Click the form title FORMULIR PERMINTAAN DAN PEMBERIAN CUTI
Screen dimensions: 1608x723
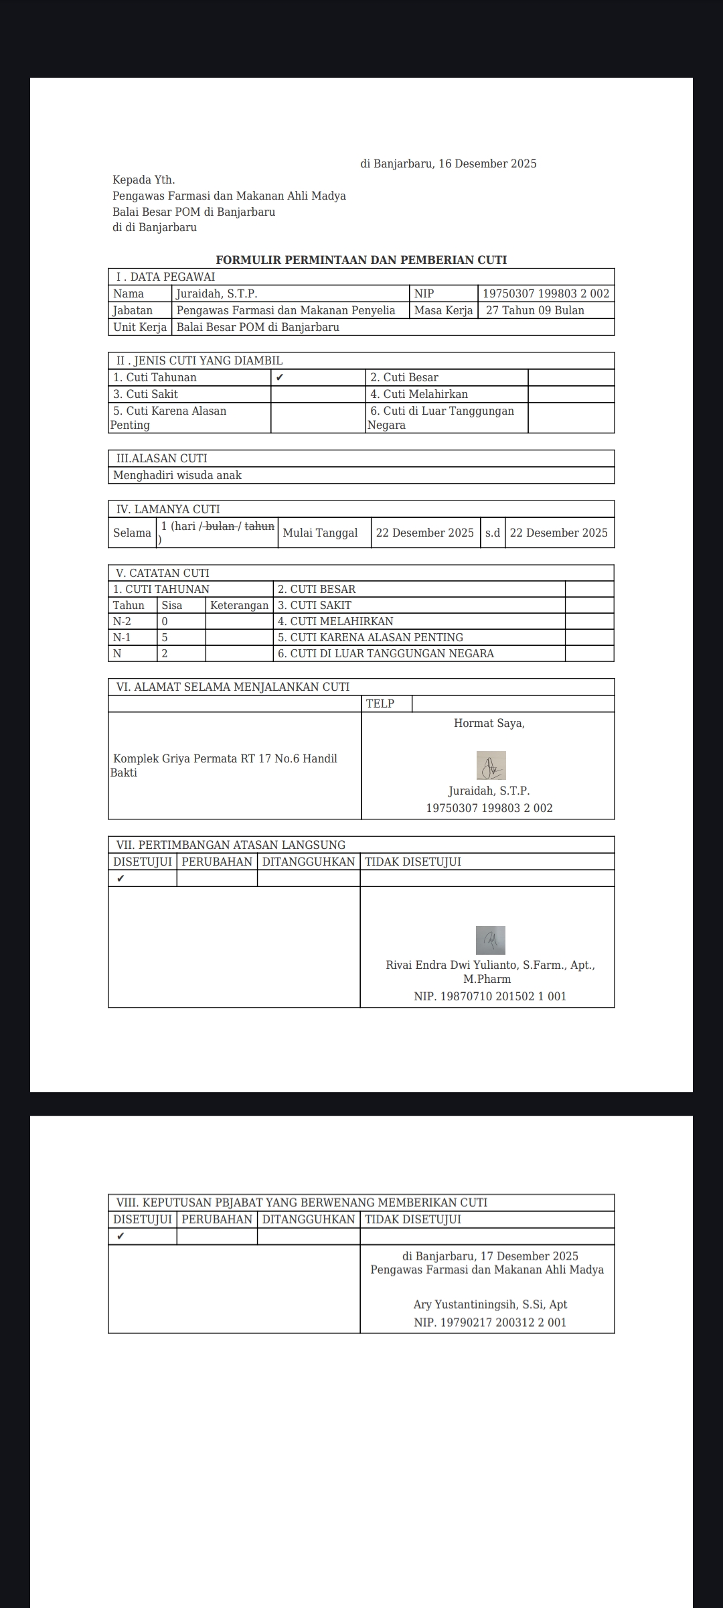coord(361,260)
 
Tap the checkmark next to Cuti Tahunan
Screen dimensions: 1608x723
coord(280,377)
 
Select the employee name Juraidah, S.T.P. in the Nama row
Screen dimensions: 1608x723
coord(217,293)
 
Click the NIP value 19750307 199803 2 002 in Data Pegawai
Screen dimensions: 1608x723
coord(546,293)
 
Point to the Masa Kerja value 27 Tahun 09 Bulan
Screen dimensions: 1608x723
coord(535,310)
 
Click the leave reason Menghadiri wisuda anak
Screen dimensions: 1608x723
coord(177,475)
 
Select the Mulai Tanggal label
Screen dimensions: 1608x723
coord(320,533)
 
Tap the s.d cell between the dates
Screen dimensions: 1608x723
coord(493,533)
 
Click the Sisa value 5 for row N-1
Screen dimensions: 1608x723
coord(165,637)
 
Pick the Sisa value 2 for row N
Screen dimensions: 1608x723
coord(165,653)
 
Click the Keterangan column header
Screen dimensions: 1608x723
coord(239,605)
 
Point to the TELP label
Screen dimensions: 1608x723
coord(380,703)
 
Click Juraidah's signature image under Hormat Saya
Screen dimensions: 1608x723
coord(491,766)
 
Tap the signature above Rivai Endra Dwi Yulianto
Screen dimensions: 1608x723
coord(491,940)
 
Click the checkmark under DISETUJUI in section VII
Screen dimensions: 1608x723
coord(120,878)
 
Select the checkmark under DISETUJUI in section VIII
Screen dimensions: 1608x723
coord(120,1236)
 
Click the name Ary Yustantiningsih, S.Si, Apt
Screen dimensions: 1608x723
coord(490,1304)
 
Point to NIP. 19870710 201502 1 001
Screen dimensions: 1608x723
coord(490,996)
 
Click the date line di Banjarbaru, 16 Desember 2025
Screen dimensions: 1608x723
coord(449,164)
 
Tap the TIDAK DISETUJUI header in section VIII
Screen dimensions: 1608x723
coord(413,1219)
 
